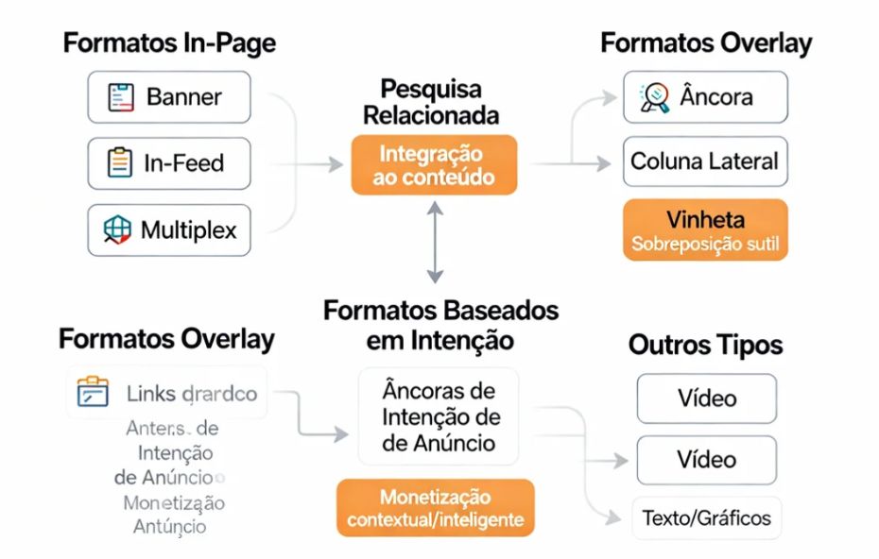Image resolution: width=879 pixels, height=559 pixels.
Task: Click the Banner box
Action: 169,97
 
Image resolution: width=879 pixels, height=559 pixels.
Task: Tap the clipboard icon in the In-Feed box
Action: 120,163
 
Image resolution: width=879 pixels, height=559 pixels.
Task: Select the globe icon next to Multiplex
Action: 116,229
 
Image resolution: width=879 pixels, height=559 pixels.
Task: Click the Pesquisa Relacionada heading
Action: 431,103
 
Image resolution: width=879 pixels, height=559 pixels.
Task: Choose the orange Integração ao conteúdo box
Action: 434,165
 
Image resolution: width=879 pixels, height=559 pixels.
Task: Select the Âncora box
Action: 705,96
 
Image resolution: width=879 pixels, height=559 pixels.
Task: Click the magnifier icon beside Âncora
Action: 654,97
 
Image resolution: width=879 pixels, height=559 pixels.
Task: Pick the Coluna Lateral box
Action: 705,161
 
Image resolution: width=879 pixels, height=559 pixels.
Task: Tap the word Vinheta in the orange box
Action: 705,220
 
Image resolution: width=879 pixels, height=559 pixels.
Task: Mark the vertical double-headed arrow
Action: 434,244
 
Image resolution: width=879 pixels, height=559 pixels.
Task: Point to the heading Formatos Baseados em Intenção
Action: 440,324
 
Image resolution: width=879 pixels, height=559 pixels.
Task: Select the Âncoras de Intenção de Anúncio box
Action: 439,416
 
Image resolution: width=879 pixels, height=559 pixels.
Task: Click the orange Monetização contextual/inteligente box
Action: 435,508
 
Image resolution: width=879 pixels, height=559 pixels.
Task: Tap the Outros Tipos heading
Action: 705,346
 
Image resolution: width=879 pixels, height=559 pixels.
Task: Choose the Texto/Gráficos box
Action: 706,517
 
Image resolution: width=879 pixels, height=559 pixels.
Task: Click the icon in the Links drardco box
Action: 93,393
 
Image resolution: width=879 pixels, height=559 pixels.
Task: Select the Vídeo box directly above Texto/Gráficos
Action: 706,460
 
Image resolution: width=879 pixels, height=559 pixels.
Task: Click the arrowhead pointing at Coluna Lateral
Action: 606,163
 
